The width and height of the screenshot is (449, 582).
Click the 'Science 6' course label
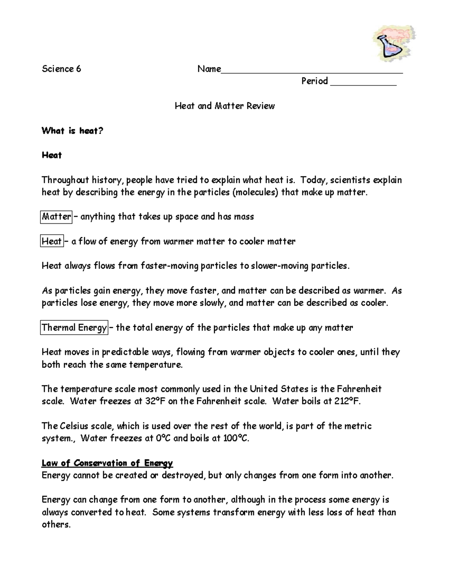61,69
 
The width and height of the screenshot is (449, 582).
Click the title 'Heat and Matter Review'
224,106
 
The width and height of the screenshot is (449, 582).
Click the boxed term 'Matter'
56,217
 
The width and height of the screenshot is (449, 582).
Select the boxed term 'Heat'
52,241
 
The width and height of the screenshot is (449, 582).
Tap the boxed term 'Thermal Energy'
74,328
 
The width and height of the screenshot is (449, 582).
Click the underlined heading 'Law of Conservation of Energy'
107,463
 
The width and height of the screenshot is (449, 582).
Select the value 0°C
163,438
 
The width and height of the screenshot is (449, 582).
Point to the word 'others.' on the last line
56,525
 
